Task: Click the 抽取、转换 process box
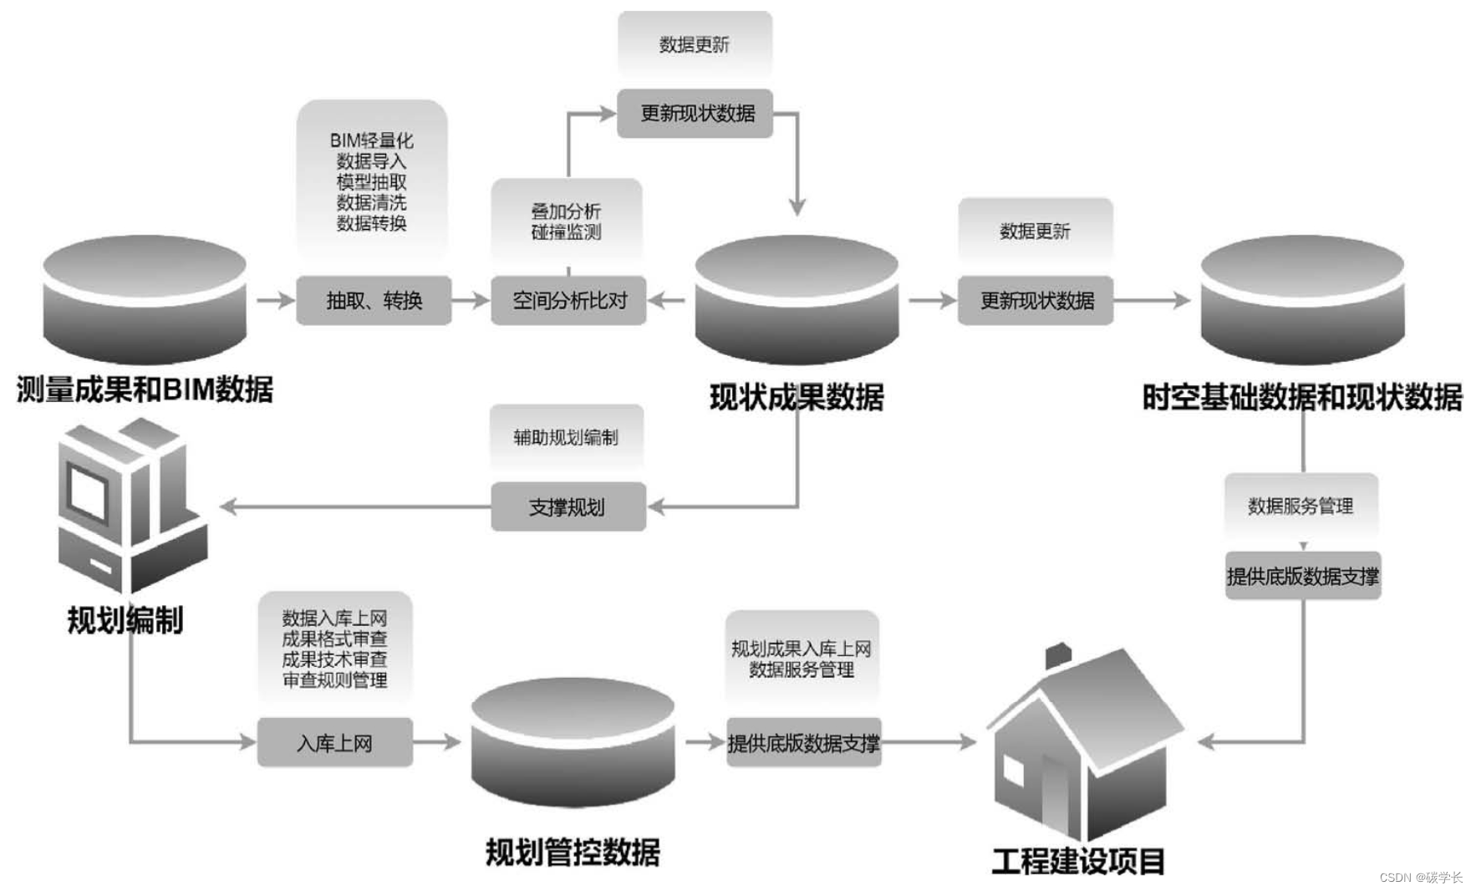(374, 300)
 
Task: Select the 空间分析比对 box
(568, 300)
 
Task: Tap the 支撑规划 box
(567, 507)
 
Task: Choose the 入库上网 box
(334, 742)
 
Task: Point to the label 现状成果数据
(797, 397)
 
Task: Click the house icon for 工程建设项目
(1082, 748)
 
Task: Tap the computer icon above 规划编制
(130, 506)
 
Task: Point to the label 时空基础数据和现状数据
(1301, 397)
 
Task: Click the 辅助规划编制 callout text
(566, 437)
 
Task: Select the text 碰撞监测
(566, 232)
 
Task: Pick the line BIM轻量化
(371, 140)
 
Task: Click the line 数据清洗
(371, 202)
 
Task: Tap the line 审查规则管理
(334, 680)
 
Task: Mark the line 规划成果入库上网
(801, 649)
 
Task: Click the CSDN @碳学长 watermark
(1420, 877)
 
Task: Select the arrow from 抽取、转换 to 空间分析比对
(471, 300)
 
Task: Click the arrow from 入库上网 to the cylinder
(437, 741)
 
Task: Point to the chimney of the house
(1058, 654)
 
